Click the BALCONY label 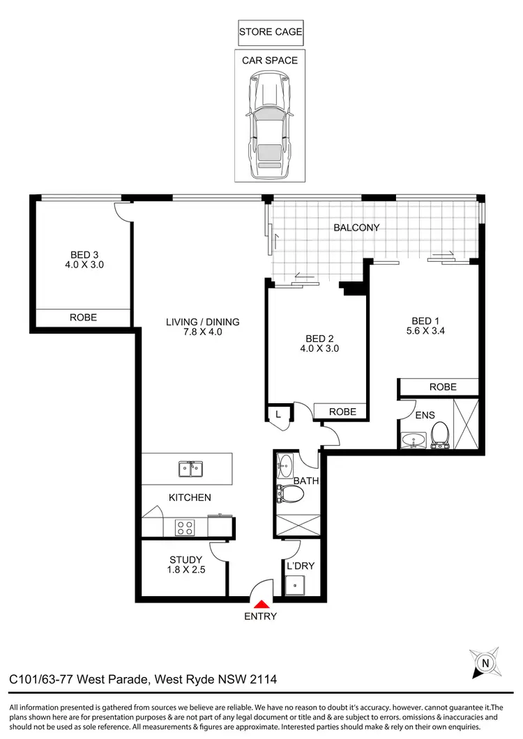(x=356, y=228)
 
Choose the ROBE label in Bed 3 (x=83, y=318)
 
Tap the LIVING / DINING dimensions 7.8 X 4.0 (x=202, y=332)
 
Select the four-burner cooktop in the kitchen (x=185, y=528)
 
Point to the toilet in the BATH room (x=291, y=494)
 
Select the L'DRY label (x=301, y=566)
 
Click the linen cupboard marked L (x=278, y=414)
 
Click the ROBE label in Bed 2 (x=342, y=412)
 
